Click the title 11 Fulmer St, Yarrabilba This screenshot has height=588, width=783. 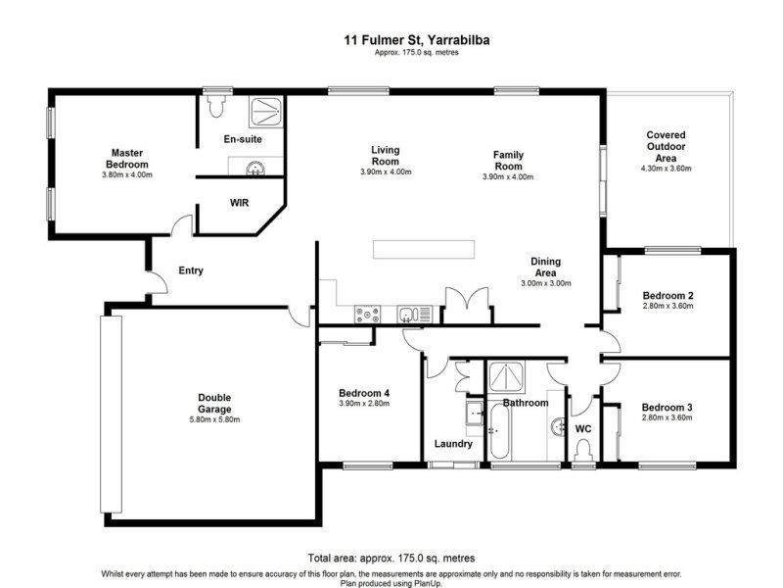coord(417,40)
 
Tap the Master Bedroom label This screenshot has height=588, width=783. coord(127,159)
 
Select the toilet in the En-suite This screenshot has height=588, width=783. coord(216,106)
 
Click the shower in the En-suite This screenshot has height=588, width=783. coord(265,111)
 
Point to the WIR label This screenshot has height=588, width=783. coord(239,203)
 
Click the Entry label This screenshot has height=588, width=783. coord(191,270)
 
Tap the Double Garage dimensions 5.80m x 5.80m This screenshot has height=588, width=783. coord(214,419)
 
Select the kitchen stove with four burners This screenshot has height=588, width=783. coord(367,315)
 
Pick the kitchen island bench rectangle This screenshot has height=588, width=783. coord(424,250)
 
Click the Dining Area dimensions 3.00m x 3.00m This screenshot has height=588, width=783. coord(546,283)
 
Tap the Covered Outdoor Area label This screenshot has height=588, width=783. coord(667,146)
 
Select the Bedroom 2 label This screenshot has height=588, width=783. coord(668,296)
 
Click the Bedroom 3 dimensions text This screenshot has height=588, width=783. coord(668,417)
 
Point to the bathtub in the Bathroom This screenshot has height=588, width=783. coord(499,431)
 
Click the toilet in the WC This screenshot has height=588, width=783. coord(583,450)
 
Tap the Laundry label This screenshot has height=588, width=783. coord(453,444)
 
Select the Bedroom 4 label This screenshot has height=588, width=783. coord(364,393)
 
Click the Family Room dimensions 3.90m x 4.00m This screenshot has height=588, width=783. coord(508,177)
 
